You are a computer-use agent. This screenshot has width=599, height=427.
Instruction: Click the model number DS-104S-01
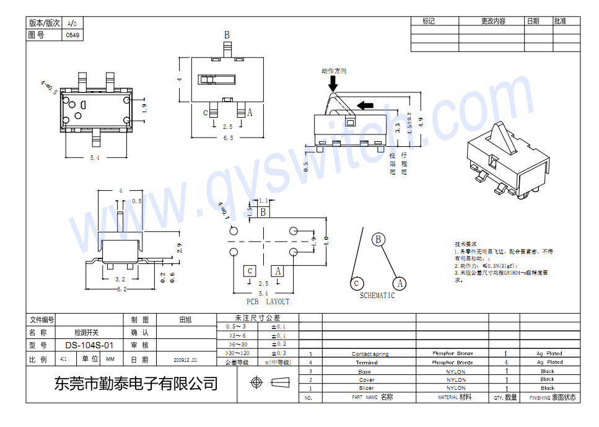click(90, 345)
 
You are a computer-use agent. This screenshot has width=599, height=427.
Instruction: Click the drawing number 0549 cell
click(72, 35)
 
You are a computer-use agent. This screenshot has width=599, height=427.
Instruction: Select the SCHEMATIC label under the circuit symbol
click(377, 296)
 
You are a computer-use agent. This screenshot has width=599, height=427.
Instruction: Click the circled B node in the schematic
click(378, 240)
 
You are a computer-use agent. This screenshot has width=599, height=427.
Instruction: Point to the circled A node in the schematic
click(400, 283)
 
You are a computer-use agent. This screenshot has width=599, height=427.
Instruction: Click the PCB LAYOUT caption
click(268, 302)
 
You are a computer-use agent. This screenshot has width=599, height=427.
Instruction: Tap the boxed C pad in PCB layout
click(249, 271)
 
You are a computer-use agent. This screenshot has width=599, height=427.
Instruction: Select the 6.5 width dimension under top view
click(228, 138)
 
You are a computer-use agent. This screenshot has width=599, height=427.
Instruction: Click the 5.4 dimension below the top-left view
click(94, 158)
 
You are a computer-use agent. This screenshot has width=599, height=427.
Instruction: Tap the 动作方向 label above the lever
click(334, 71)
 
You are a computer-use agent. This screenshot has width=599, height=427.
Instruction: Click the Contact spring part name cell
click(370, 354)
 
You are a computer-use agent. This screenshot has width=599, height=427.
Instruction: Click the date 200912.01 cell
click(185, 359)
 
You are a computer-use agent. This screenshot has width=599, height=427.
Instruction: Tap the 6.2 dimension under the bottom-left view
click(121, 289)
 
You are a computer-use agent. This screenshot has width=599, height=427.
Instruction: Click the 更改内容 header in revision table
click(493, 21)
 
